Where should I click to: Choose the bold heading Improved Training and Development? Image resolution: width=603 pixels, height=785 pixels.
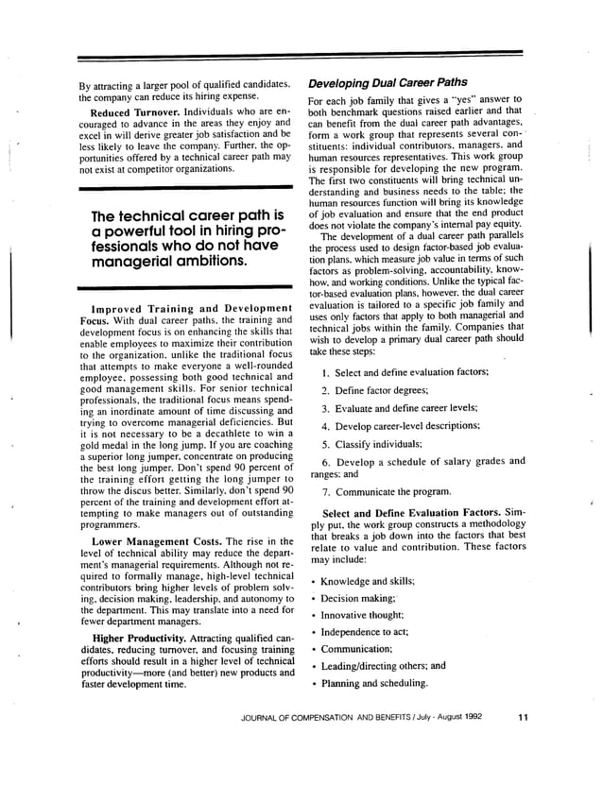[x=191, y=309]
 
